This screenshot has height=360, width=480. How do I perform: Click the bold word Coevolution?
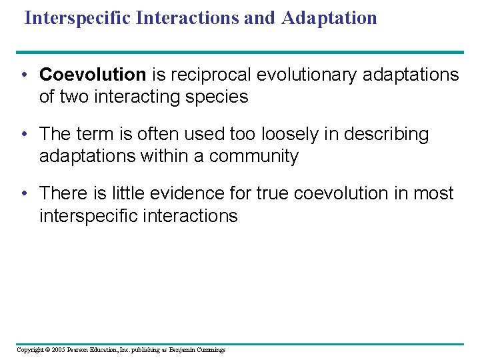click(x=93, y=75)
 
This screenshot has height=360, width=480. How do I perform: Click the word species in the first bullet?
click(x=220, y=97)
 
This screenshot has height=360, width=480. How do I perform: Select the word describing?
click(x=387, y=134)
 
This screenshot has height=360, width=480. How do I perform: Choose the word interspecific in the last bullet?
click(x=85, y=216)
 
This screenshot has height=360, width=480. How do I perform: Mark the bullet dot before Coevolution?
click(x=24, y=75)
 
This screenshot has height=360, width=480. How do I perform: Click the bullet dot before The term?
click(x=24, y=134)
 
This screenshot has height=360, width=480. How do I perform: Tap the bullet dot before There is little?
click(x=24, y=193)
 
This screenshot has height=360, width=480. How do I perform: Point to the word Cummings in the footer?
click(x=210, y=349)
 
